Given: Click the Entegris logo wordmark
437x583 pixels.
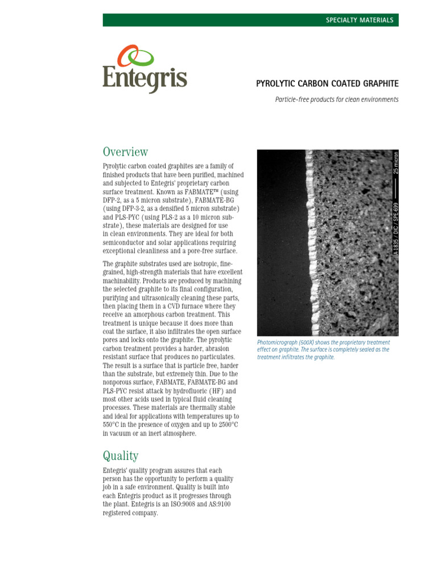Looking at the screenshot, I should [x=145, y=79].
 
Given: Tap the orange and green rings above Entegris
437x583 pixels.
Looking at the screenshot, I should [x=135, y=56].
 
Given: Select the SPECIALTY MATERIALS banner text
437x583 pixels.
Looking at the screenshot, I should [x=359, y=20].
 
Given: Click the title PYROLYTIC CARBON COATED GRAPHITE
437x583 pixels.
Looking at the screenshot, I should [x=327, y=84].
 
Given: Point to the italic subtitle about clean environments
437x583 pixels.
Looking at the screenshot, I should [x=336, y=100].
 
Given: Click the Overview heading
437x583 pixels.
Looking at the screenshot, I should [x=125, y=152].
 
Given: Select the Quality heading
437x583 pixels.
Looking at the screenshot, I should [x=120, y=455].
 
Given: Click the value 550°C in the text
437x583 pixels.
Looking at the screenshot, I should [x=114, y=425].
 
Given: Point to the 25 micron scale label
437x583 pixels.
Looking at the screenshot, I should [x=396, y=162].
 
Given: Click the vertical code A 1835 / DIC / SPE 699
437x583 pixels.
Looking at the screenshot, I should [x=396, y=231].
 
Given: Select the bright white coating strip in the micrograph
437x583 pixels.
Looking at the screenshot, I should [x=310, y=239].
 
